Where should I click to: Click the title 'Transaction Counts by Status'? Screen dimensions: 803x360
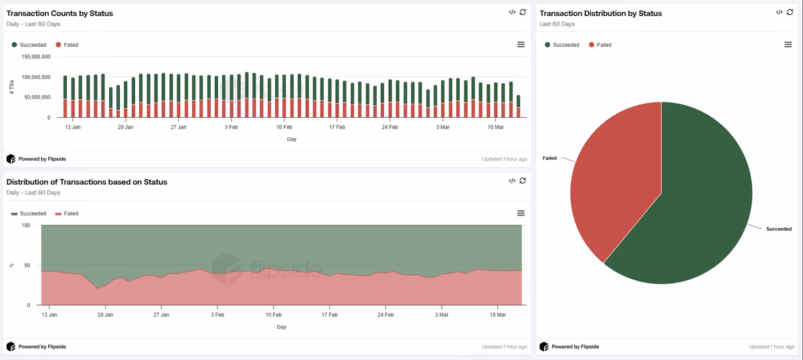pyautogui.click(x=60, y=13)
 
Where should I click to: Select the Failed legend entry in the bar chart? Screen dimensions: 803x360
pyautogui.click(x=67, y=45)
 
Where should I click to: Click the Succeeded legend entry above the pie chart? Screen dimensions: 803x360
pyautogui.click(x=561, y=45)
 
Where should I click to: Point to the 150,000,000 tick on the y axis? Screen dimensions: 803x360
pyautogui.click(x=36, y=57)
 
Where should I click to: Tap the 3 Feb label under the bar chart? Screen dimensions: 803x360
pyautogui.click(x=232, y=127)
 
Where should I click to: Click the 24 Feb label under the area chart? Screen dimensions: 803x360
pyautogui.click(x=385, y=314)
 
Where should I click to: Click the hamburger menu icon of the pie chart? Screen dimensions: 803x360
pyautogui.click(x=788, y=44)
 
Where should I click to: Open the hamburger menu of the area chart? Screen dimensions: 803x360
pyautogui.click(x=521, y=213)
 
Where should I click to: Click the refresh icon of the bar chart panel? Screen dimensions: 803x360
pyautogui.click(x=523, y=12)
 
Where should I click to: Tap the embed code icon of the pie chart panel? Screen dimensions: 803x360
pyautogui.click(x=780, y=12)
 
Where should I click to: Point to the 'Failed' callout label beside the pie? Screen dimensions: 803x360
pyautogui.click(x=549, y=158)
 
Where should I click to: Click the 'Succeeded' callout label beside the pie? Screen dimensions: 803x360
pyautogui.click(x=779, y=229)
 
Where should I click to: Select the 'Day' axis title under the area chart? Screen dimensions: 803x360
pyautogui.click(x=282, y=327)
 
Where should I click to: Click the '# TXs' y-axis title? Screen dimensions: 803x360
pyautogui.click(x=11, y=87)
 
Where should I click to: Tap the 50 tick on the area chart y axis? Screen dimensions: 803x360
pyautogui.click(x=27, y=266)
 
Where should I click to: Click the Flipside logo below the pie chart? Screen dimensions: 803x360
pyautogui.click(x=544, y=347)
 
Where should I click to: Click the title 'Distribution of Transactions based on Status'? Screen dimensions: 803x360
pyautogui.click(x=87, y=182)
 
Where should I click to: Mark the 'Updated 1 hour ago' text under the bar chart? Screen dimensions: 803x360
pyautogui.click(x=505, y=159)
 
